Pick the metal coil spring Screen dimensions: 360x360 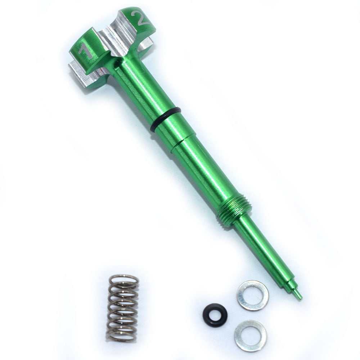pyautogui.click(x=122, y=308)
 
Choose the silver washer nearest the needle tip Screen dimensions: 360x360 pyautogui.click(x=252, y=296)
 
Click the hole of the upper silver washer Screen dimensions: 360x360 pyautogui.click(x=252, y=296)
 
